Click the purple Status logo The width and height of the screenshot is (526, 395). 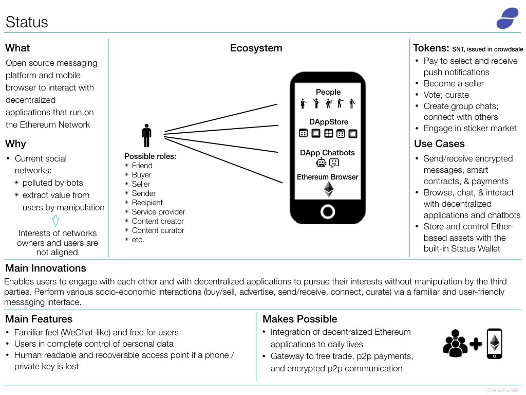point(507,18)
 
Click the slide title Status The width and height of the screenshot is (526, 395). point(27,22)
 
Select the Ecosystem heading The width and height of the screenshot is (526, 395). point(256,48)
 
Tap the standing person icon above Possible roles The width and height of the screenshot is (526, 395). point(146,135)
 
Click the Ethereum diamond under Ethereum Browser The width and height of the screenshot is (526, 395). point(329,189)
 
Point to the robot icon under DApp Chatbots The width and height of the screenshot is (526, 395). point(321,163)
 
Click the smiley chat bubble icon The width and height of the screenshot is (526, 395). point(334,163)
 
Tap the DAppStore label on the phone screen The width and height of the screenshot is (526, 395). point(329,122)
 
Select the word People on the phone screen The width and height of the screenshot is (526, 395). point(328,92)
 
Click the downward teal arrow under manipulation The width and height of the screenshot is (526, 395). point(55,221)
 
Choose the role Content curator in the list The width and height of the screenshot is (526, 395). point(158,230)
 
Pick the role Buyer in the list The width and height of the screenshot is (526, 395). point(142,175)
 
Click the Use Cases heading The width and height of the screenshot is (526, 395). point(440,144)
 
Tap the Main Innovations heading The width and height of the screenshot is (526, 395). point(46,268)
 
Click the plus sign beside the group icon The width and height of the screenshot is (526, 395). point(476,344)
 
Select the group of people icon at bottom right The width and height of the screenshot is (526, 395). point(455,343)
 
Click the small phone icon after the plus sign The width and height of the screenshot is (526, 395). point(495,344)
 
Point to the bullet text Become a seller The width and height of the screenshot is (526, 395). point(454,84)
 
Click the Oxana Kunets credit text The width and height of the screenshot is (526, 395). point(503,390)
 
